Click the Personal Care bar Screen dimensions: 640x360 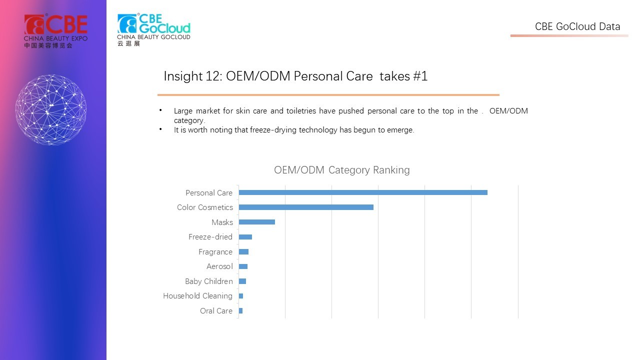(363, 192)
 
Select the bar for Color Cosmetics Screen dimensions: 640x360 (306, 207)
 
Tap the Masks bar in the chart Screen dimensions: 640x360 (257, 222)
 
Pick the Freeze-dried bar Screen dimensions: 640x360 (245, 237)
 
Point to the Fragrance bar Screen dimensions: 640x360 (243, 251)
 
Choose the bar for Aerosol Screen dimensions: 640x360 (243, 266)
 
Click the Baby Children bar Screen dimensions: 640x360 (242, 281)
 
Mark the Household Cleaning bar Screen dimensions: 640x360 (241, 296)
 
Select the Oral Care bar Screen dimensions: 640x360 (240, 311)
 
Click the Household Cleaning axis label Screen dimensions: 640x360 (197, 296)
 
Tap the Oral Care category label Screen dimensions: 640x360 (216, 311)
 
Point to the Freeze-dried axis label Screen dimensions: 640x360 (210, 237)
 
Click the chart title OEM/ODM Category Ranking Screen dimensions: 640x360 (341, 170)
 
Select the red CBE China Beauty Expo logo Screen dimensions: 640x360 (55, 31)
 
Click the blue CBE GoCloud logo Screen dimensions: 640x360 (153, 29)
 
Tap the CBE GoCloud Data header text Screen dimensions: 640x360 (577, 26)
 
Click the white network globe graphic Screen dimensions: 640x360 (51, 109)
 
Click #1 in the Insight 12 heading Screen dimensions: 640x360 (420, 76)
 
